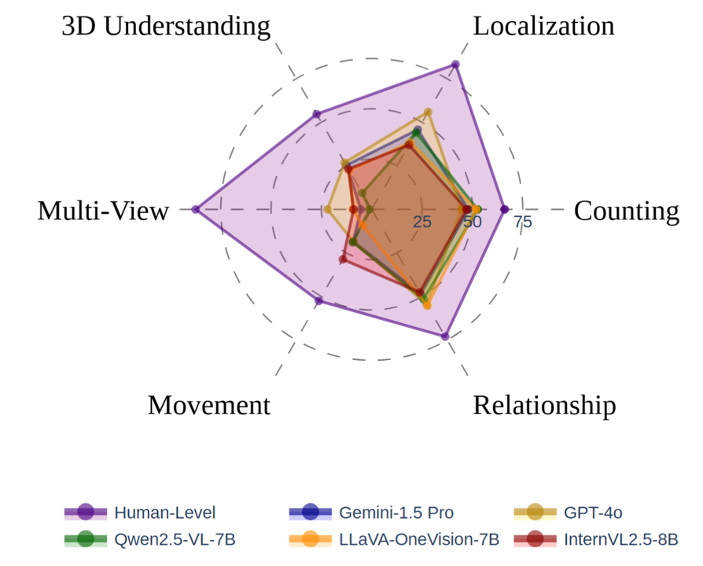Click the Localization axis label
pyautogui.click(x=543, y=26)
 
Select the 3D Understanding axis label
pyautogui.click(x=166, y=26)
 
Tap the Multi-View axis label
pyautogui.click(x=103, y=211)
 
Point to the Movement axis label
pyautogui.click(x=209, y=406)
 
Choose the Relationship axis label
pyautogui.click(x=544, y=406)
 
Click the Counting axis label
pyautogui.click(x=627, y=211)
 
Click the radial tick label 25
pyautogui.click(x=423, y=222)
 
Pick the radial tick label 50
pyautogui.click(x=473, y=222)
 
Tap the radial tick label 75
pyautogui.click(x=523, y=222)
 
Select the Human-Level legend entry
pyautogui.click(x=164, y=513)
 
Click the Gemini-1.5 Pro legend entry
pyautogui.click(x=396, y=513)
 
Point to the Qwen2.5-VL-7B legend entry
pyautogui.click(x=175, y=539)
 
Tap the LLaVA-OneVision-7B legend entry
pyautogui.click(x=419, y=539)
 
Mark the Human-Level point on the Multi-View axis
pyautogui.click(x=196, y=209)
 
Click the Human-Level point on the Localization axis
pyautogui.click(x=455, y=64)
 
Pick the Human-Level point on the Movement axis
pyautogui.click(x=318, y=301)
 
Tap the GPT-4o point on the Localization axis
pyautogui.click(x=429, y=112)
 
